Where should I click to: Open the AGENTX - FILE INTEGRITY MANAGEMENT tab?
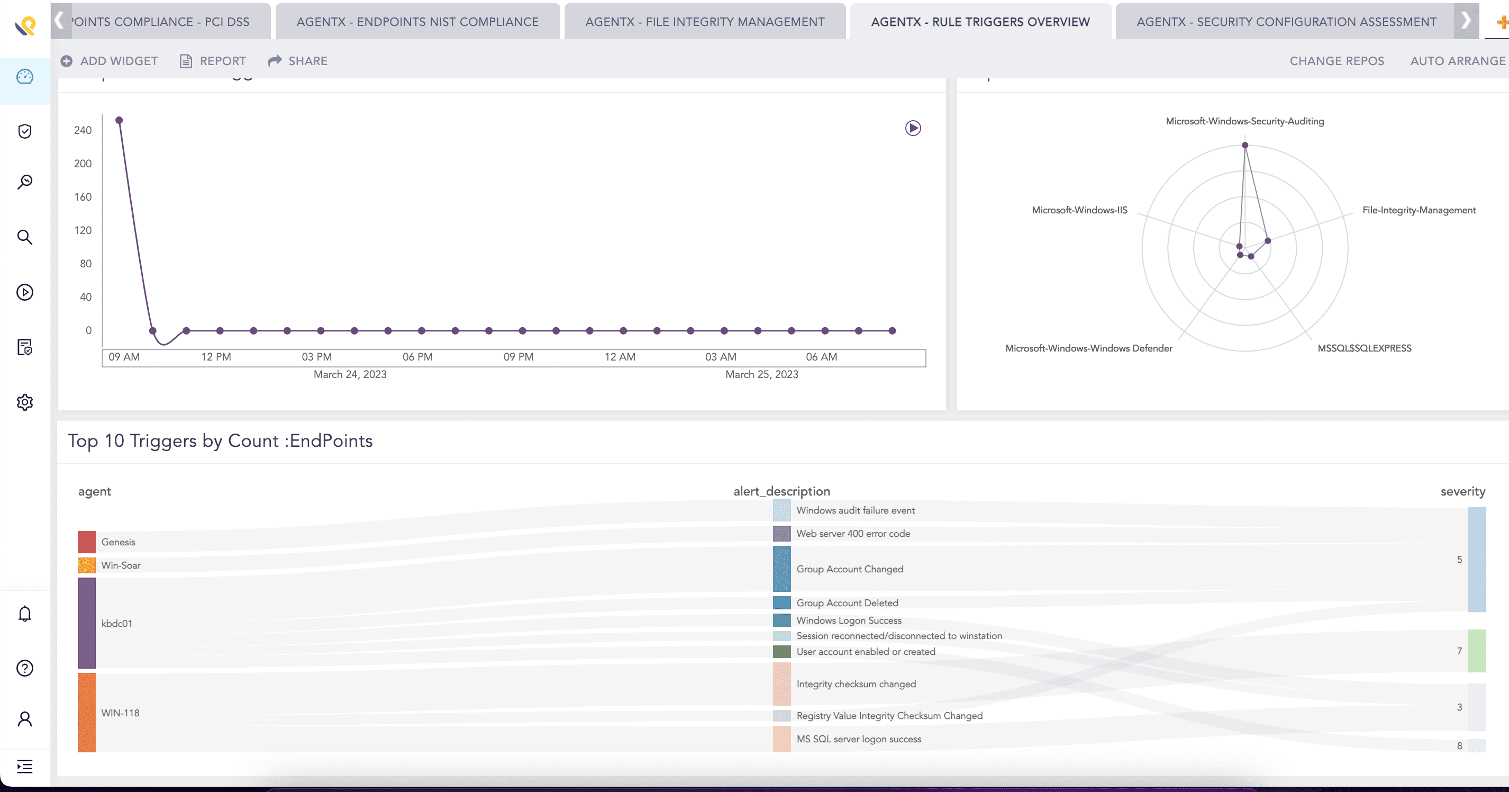705,22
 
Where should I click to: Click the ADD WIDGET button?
110,61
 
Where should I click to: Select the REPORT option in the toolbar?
213,61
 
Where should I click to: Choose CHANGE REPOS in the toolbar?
1336,61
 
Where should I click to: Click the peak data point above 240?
119,120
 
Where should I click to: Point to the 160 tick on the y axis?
83,197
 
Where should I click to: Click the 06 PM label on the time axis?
417,356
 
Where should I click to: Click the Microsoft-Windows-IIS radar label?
1079,210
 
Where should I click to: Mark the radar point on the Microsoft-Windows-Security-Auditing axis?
1245,145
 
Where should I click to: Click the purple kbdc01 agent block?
87,623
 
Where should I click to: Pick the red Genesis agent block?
87,542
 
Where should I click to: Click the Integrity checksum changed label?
856,683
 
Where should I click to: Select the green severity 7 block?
1476,650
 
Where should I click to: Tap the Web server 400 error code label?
853,534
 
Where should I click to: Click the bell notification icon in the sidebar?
24,614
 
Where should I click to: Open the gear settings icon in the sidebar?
24,402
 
